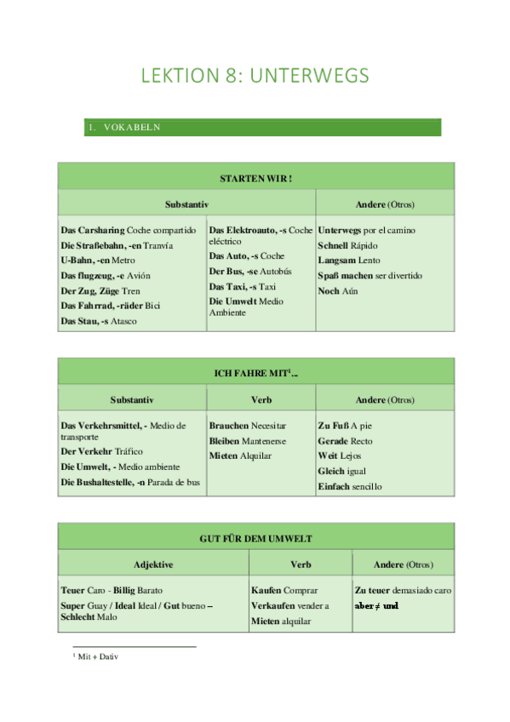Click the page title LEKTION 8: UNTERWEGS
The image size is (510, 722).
pos(255,76)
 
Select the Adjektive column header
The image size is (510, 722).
pos(153,564)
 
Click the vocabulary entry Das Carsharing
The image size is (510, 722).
pos(93,231)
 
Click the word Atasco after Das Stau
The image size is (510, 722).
pos(123,321)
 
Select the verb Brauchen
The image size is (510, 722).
pos(229,426)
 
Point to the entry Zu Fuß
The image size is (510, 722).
pos(333,426)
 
